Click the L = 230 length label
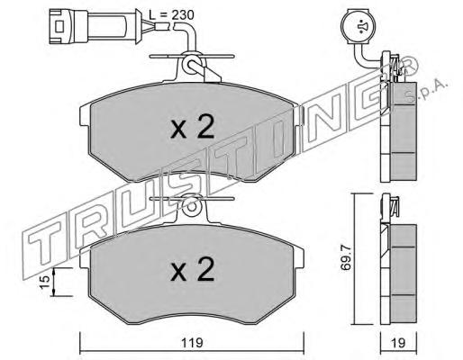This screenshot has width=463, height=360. (x=172, y=14)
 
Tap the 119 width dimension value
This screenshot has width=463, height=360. (x=192, y=342)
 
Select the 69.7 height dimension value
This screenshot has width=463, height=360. (x=346, y=257)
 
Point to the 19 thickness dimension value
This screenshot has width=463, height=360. (x=399, y=343)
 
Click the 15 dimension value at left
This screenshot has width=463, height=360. (x=45, y=283)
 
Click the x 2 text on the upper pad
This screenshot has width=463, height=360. (x=193, y=128)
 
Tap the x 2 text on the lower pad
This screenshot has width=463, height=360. (x=193, y=269)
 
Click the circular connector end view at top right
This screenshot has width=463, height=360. (x=359, y=26)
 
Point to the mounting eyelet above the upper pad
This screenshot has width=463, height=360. (x=192, y=64)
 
